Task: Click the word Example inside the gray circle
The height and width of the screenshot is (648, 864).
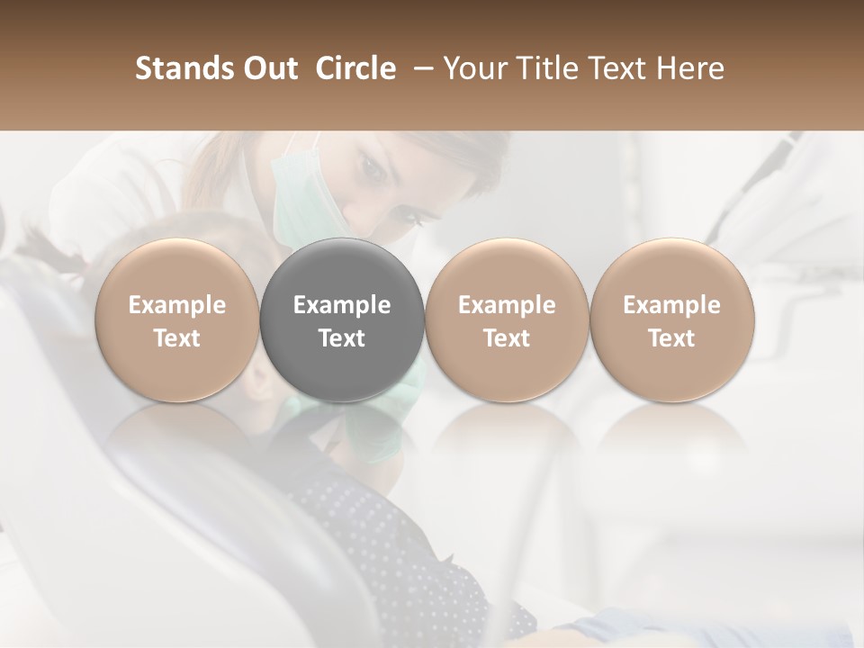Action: [x=342, y=305]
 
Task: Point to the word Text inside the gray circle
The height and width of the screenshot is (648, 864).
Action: [x=342, y=338]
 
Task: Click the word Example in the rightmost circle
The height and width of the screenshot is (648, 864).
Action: [x=672, y=305]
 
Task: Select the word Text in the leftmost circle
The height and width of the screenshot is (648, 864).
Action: [x=177, y=338]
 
